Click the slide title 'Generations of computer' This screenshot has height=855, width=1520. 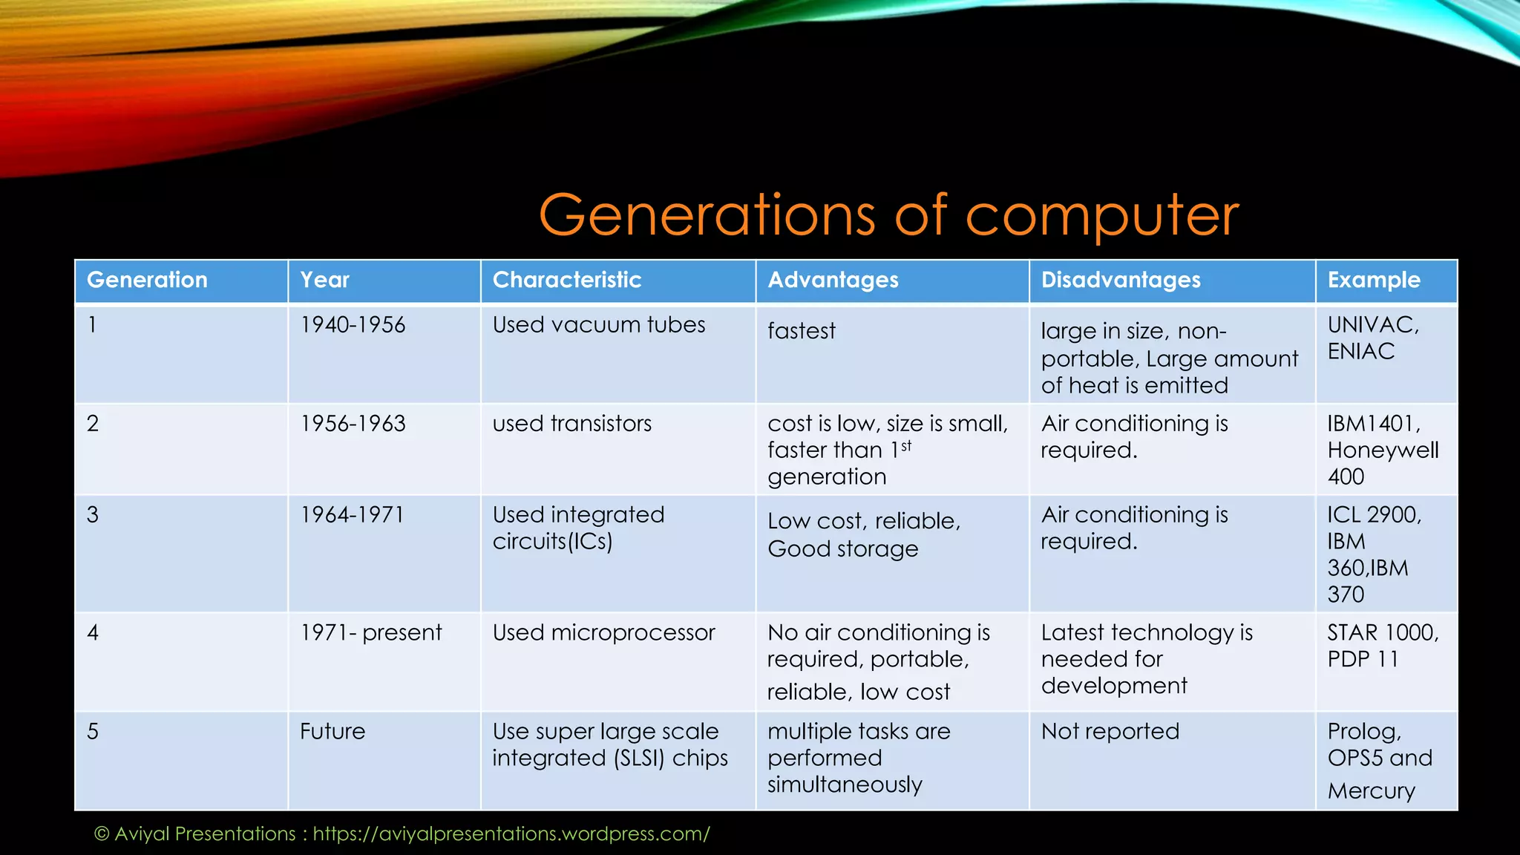click(888, 215)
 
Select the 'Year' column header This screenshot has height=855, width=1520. click(324, 280)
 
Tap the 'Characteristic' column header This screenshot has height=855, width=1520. click(566, 280)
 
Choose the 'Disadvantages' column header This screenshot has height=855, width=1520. click(1120, 280)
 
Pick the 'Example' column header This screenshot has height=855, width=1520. click(1373, 280)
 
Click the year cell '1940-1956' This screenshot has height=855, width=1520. click(353, 325)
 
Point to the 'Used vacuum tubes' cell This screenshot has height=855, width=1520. click(598, 325)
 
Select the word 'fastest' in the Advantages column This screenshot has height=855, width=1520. click(801, 331)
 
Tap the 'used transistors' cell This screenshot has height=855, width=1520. click(571, 424)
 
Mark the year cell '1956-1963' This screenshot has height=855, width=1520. click(353, 424)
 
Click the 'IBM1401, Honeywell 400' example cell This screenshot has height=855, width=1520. click(1382, 450)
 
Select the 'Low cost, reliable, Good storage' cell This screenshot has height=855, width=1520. click(863, 534)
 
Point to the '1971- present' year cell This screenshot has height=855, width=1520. click(370, 633)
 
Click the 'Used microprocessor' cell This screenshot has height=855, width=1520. click(603, 633)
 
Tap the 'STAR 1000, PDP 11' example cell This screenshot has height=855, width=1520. click(1382, 646)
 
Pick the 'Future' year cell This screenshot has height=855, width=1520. click(332, 732)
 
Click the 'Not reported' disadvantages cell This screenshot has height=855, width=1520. click(1110, 732)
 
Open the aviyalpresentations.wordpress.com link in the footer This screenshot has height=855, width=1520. click(511, 834)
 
